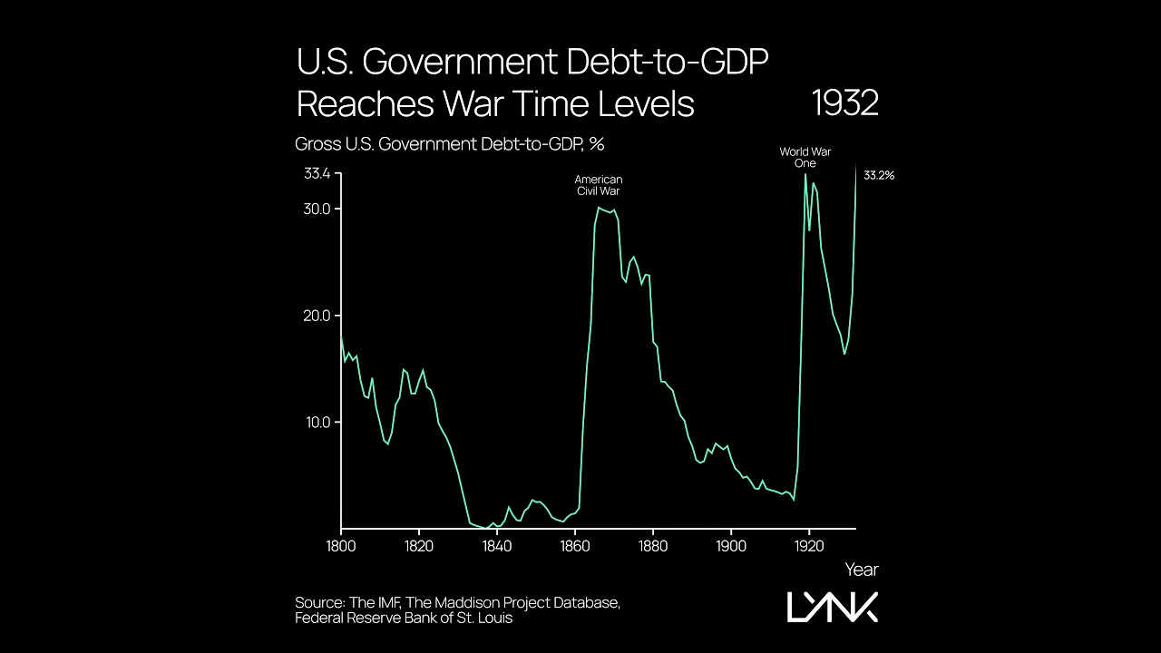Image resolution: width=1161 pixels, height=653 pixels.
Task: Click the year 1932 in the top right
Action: click(844, 103)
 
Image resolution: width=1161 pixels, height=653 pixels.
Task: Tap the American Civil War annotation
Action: click(599, 186)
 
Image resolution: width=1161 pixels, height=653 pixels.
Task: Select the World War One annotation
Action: click(805, 158)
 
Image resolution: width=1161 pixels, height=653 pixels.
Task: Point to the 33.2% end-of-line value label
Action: click(878, 176)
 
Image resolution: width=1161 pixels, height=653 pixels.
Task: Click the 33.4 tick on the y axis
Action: click(316, 173)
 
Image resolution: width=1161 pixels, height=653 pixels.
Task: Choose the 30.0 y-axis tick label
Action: click(316, 210)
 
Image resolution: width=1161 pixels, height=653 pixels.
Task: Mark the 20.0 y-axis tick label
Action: click(316, 316)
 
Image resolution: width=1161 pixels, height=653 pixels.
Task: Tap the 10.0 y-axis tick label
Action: click(316, 423)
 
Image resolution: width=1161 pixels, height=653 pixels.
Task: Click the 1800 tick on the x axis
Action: click(341, 546)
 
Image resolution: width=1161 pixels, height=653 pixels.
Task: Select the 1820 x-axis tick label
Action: click(419, 546)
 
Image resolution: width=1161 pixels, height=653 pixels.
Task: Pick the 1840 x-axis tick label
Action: click(497, 546)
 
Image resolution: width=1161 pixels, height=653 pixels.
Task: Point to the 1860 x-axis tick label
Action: click(575, 546)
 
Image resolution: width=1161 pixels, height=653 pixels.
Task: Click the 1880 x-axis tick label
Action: click(653, 546)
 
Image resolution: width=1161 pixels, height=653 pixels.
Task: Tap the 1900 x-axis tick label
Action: click(731, 546)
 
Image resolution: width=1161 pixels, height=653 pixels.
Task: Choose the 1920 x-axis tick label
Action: click(809, 546)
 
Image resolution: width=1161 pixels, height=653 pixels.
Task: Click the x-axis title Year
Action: click(861, 570)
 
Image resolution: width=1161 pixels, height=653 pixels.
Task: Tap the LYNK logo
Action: click(832, 607)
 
